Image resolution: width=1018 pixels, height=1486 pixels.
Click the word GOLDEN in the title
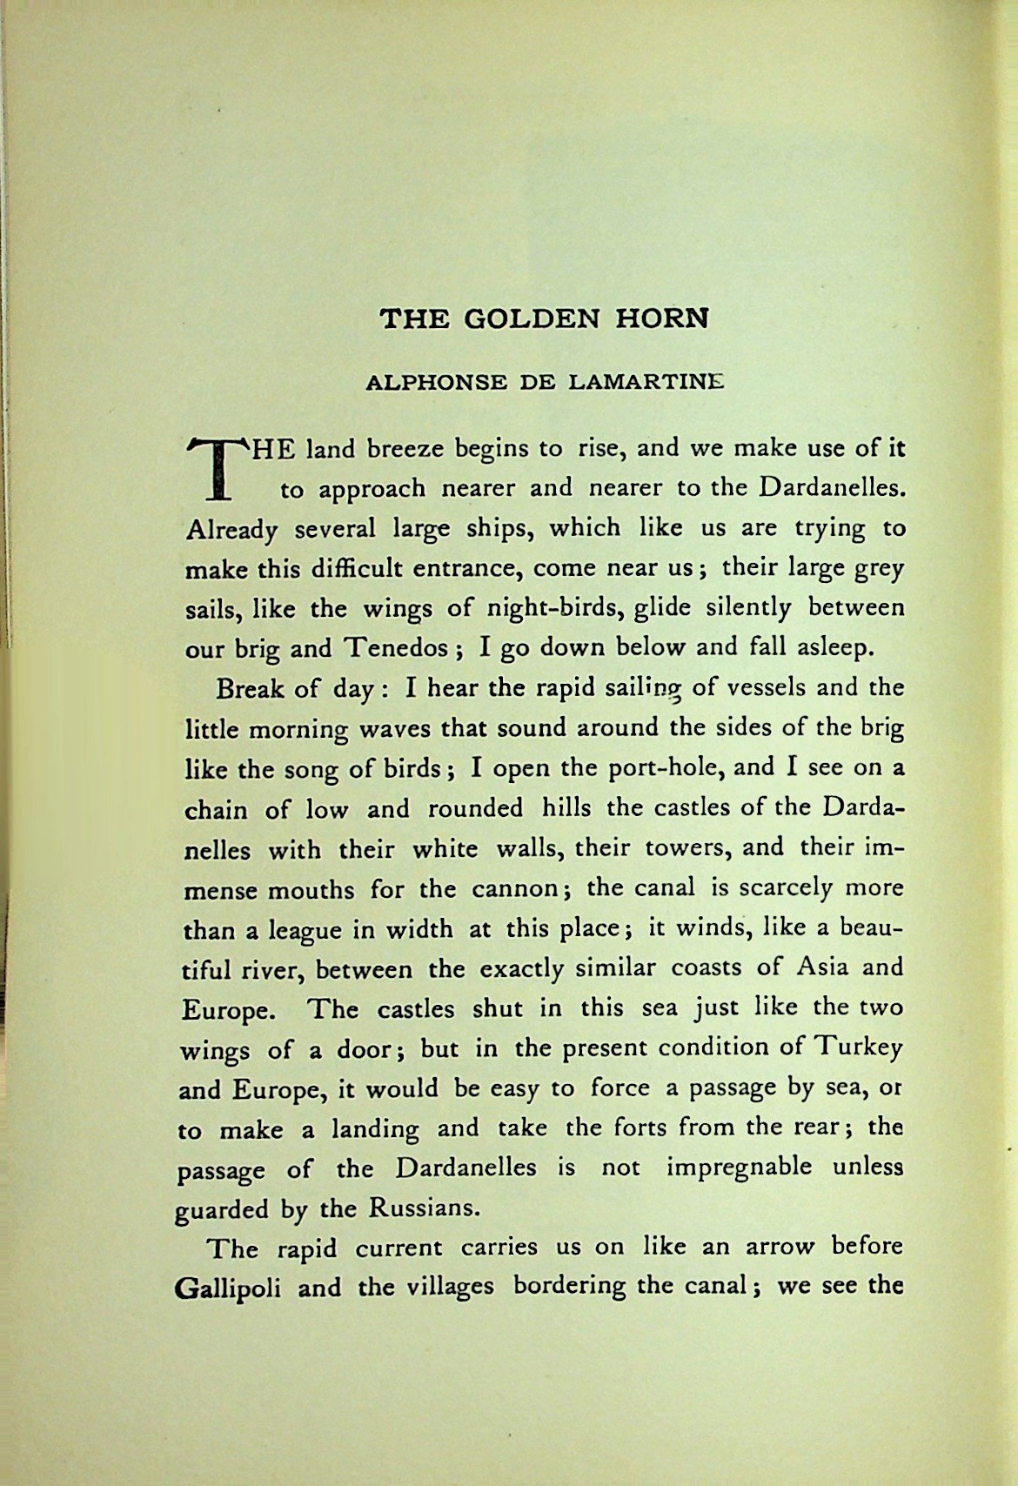click(x=532, y=318)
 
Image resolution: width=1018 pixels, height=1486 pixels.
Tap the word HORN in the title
click(x=664, y=318)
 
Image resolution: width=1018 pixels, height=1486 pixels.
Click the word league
click(x=304, y=930)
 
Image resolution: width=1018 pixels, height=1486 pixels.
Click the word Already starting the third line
click(x=231, y=530)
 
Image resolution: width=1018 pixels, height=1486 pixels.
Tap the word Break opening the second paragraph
click(x=252, y=690)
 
